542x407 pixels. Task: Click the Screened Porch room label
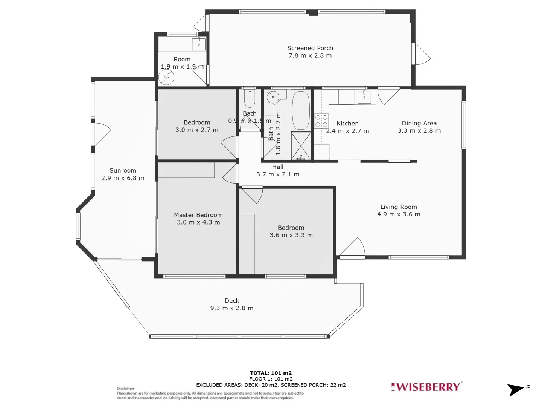310,48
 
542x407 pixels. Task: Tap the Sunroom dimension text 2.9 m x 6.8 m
123,178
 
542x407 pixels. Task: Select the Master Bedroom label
198,215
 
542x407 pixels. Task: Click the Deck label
232,301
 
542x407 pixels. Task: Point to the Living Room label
398,207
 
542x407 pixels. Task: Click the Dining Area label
419,123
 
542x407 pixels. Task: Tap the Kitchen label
347,124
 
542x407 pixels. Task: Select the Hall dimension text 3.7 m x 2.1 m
278,174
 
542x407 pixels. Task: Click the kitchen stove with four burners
321,120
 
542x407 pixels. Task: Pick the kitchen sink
364,97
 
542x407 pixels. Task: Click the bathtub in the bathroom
300,110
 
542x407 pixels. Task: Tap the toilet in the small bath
250,99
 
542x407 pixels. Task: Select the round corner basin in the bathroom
272,97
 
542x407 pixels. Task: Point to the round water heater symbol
166,78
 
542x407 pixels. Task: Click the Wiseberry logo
426,387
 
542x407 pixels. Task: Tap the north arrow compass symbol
516,389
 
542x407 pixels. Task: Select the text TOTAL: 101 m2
271,373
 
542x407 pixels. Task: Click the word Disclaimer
125,389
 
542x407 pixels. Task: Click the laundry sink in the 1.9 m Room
198,44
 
